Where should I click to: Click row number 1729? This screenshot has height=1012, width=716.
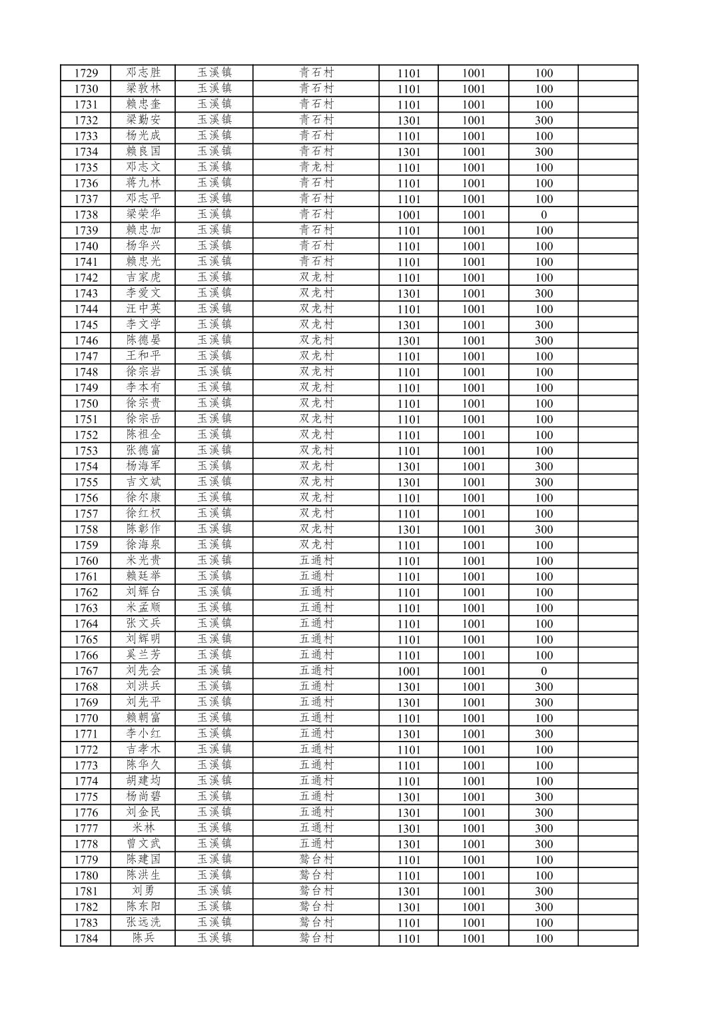coord(87,73)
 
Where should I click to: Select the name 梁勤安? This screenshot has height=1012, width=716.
coord(144,120)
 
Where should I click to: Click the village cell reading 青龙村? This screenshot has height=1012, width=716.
coord(316,167)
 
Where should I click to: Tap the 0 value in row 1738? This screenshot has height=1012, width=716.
coord(543,215)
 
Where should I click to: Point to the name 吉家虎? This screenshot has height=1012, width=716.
coord(144,278)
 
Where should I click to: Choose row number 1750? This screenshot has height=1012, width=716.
coord(87,404)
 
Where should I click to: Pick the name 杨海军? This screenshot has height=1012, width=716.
coord(144,466)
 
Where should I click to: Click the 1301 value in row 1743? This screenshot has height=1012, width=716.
coord(409,294)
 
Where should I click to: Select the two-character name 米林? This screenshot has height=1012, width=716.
coord(144,828)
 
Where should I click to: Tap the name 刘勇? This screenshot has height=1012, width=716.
coord(144,891)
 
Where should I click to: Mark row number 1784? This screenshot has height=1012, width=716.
coord(87,939)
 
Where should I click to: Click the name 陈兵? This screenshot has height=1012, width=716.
coord(144,939)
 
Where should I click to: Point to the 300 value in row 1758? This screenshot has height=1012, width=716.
coord(543,530)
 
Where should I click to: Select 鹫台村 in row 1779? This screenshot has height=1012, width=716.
coord(316,860)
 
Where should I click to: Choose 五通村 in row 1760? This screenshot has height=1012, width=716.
coord(316,561)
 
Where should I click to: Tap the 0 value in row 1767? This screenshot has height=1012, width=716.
coord(543,671)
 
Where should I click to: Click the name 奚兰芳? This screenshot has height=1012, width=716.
coord(144,656)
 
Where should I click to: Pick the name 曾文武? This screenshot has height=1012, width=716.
coord(144,844)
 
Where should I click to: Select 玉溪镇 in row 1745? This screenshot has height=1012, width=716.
coord(214,325)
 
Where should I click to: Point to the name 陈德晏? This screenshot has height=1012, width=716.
coord(144,340)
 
